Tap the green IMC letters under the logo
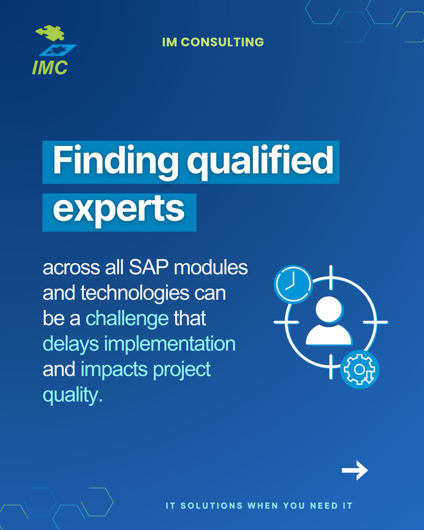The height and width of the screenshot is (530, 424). [49, 67]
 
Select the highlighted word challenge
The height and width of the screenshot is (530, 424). [127, 318]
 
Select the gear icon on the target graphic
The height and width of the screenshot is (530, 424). [360, 369]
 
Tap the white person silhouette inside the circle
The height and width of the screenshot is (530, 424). [329, 322]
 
